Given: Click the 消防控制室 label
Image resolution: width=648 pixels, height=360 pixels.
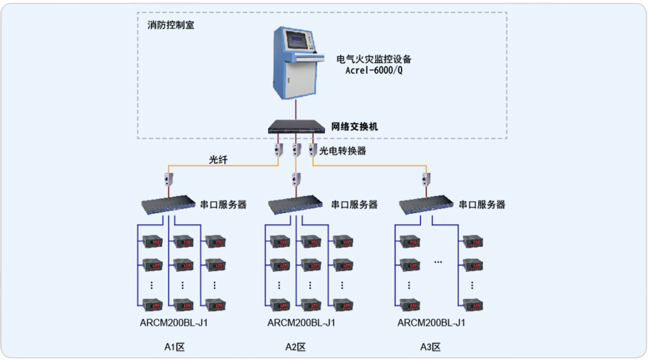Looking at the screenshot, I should tap(170, 24).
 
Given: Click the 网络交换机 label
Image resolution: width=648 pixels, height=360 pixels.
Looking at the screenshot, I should tap(354, 127).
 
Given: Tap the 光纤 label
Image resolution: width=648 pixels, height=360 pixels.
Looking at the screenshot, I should tap(218, 159).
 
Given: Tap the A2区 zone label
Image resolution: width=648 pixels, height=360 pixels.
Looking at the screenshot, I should tap(296, 347).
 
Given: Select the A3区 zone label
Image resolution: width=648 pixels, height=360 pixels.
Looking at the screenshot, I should tap(430, 347).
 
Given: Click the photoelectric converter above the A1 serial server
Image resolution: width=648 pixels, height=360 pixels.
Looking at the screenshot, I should tap(170, 178).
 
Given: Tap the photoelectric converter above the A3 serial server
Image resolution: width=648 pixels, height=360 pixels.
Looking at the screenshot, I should tap(426, 178).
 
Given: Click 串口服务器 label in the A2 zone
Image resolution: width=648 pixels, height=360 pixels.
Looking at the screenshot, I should tap(354, 204).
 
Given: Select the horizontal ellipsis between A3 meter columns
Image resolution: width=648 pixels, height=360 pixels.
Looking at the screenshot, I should tap(438, 263).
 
